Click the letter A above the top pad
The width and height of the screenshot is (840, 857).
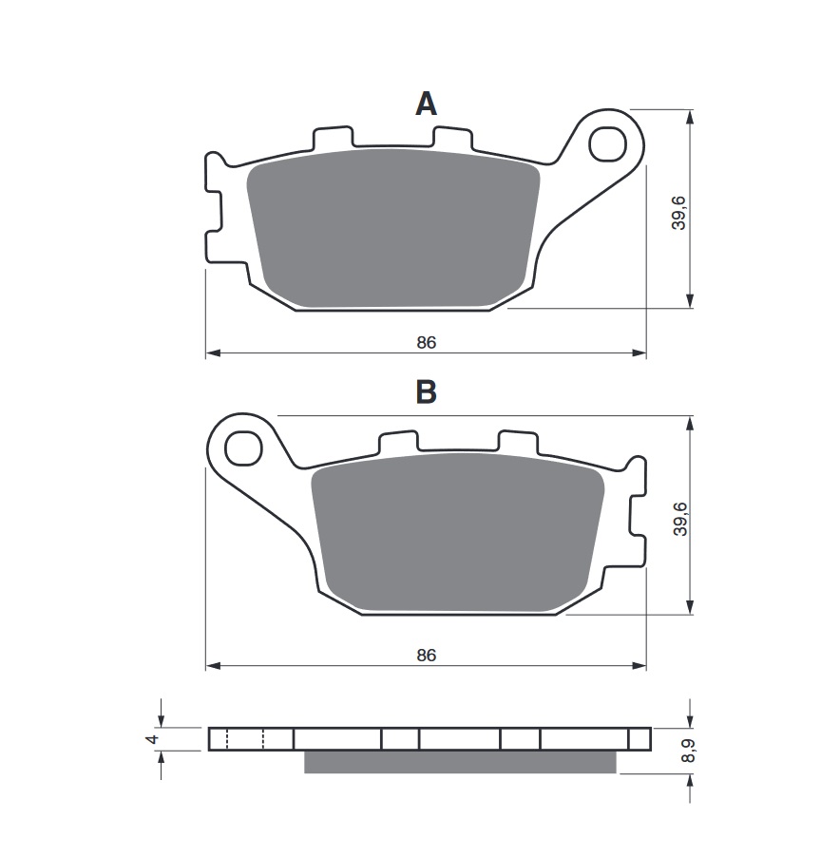coord(426,104)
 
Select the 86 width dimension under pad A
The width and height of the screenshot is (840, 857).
coord(426,342)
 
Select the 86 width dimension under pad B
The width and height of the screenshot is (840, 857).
coord(426,655)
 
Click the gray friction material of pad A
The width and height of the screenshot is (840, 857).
coord(394,228)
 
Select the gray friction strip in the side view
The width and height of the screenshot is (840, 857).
coord(459,762)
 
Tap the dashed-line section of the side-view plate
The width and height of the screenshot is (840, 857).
coord(245,739)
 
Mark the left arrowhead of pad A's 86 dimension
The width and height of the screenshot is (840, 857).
coord(212,353)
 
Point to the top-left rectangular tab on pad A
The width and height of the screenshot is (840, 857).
coord(330,139)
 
